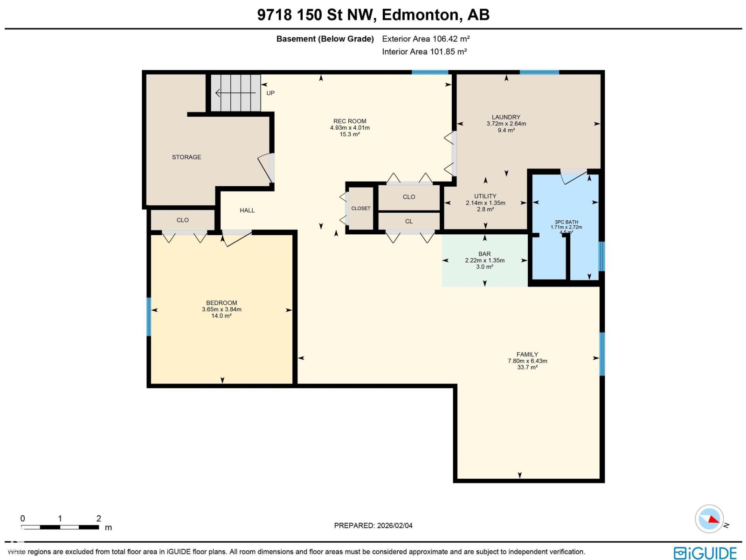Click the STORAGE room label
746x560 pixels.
[x=186, y=157]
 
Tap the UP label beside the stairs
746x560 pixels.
[x=270, y=93]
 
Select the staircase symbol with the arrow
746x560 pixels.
[x=235, y=93]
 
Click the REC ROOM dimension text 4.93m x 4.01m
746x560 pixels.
[x=350, y=128]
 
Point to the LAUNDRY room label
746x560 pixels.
[x=506, y=117]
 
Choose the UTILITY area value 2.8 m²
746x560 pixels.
[x=485, y=210]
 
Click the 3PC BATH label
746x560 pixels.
[x=566, y=222]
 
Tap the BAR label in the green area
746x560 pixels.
[x=484, y=254]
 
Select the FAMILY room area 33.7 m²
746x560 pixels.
[x=527, y=368]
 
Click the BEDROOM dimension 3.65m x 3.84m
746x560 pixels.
[x=221, y=309]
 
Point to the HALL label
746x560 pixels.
[x=247, y=210]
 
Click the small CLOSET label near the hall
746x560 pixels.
[x=361, y=209]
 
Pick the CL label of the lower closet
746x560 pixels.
[x=409, y=222]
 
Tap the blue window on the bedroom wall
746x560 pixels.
[x=149, y=317]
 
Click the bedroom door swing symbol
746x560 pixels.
[x=237, y=238]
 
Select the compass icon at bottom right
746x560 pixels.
[x=709, y=519]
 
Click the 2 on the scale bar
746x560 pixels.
[x=98, y=518]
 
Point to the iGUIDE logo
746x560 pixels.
[x=705, y=553]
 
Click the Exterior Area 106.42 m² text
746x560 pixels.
[x=426, y=39]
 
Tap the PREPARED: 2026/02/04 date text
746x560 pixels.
[x=373, y=525]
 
